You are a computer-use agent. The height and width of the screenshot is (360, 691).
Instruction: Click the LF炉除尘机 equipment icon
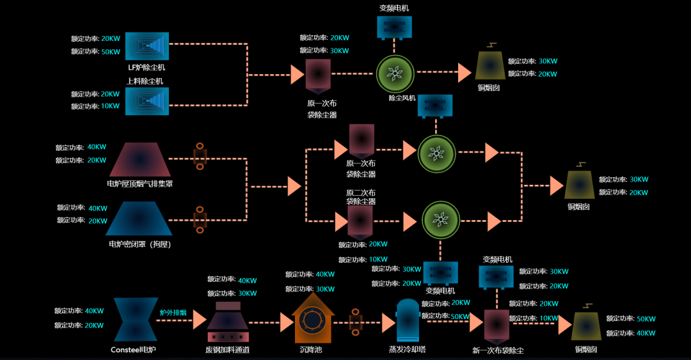pos(147,45)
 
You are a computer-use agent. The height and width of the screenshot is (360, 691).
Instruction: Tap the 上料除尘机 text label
pos(145,81)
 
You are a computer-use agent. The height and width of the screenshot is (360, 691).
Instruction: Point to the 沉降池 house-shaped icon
pos(313,318)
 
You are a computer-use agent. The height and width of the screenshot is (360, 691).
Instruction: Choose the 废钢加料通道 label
pos(227,350)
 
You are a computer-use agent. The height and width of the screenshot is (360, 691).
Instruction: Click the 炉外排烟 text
pos(173,313)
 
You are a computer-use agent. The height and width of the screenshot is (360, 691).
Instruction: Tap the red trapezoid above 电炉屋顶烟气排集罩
pos(139,159)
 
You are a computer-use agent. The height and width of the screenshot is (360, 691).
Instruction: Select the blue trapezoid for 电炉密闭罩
pos(139,219)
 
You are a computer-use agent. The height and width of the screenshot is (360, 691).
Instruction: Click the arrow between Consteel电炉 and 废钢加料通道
pos(199,320)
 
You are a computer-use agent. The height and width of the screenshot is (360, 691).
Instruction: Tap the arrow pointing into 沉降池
pos(287,322)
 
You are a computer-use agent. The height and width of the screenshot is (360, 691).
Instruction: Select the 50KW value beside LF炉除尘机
pos(111,52)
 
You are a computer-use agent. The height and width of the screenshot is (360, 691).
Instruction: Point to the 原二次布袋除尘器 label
pos(361,197)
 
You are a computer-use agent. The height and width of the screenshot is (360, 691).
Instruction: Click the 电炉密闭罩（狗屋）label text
pos(139,244)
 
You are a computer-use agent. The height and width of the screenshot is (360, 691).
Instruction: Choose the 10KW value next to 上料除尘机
pos(110,106)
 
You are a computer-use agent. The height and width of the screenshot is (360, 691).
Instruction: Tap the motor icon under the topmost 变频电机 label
pos(394,27)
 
